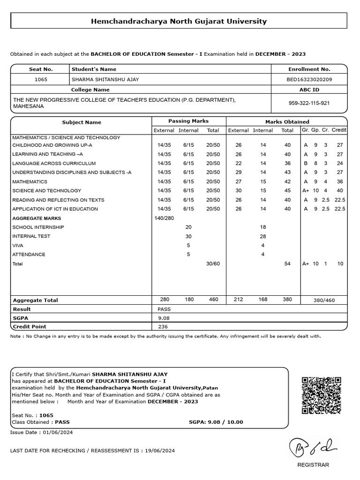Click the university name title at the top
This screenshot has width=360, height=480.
coord(179,21)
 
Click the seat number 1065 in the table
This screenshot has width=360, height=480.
coord(41,79)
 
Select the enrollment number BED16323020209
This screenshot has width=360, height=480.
coord(309,79)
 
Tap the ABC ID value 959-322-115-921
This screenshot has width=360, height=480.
coord(309,103)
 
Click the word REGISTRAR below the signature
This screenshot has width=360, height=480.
coord(313,465)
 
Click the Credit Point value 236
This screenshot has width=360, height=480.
coord(163,327)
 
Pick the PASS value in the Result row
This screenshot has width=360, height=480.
coord(165,309)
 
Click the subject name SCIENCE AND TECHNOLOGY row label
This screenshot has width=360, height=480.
coord(47,191)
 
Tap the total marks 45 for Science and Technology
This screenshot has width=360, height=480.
coord(287,191)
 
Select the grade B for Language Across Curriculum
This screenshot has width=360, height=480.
coord(306,163)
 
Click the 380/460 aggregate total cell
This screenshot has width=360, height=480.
coord(324,300)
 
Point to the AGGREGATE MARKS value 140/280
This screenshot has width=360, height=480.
coord(164,218)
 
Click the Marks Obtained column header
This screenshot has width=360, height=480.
coord(287,122)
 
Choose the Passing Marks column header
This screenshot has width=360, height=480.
coord(188,121)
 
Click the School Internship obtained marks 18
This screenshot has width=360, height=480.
coord(263,227)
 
